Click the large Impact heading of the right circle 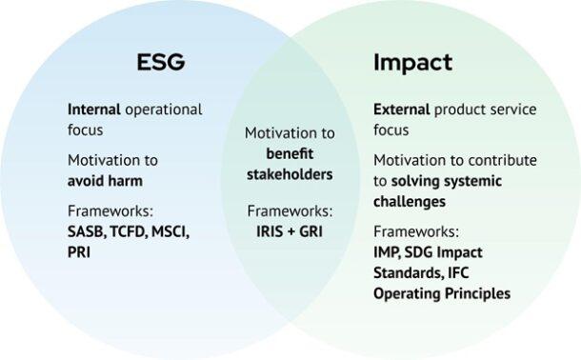pos(411,64)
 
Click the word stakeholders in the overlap pos(289,174)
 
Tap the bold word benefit pos(290,153)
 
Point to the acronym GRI pos(311,230)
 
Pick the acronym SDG pos(428,251)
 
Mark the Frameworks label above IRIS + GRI pos(290,210)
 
